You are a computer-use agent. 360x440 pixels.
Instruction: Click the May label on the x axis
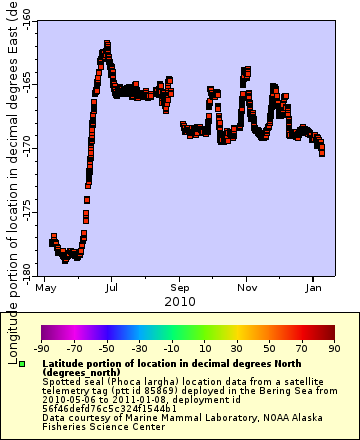(46, 286)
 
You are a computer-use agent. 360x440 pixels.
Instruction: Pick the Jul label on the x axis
(112, 286)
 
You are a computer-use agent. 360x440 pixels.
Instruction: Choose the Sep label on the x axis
(180, 286)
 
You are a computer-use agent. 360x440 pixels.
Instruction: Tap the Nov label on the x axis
(246, 286)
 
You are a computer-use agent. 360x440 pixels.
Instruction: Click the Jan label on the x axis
(312, 286)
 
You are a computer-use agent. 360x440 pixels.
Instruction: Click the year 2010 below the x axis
(180, 300)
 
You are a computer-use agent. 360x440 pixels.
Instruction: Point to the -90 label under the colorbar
(41, 348)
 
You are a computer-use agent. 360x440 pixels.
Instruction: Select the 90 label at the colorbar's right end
(334, 348)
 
